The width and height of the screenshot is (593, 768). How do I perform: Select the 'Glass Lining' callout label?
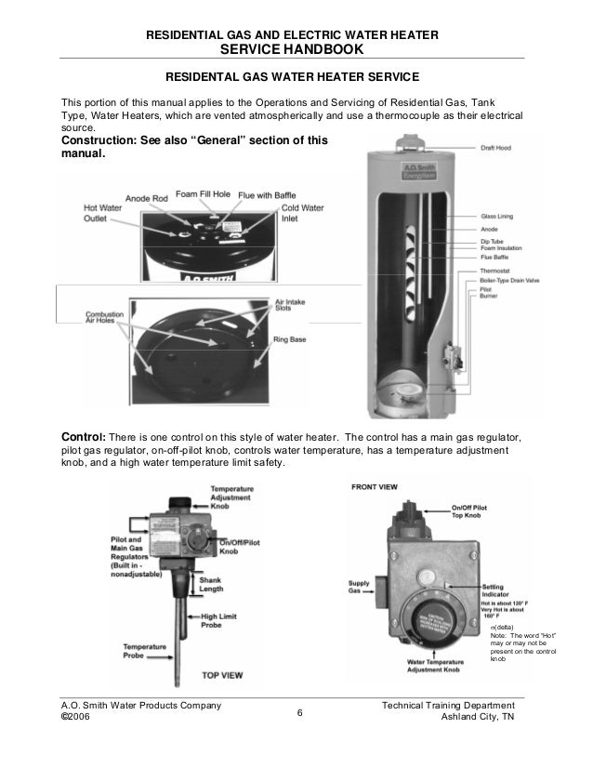[x=499, y=213]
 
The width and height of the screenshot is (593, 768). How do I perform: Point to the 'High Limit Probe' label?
[x=223, y=619]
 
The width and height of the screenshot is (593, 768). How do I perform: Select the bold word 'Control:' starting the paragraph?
[x=85, y=437]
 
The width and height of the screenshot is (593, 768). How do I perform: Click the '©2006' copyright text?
[x=76, y=719]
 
